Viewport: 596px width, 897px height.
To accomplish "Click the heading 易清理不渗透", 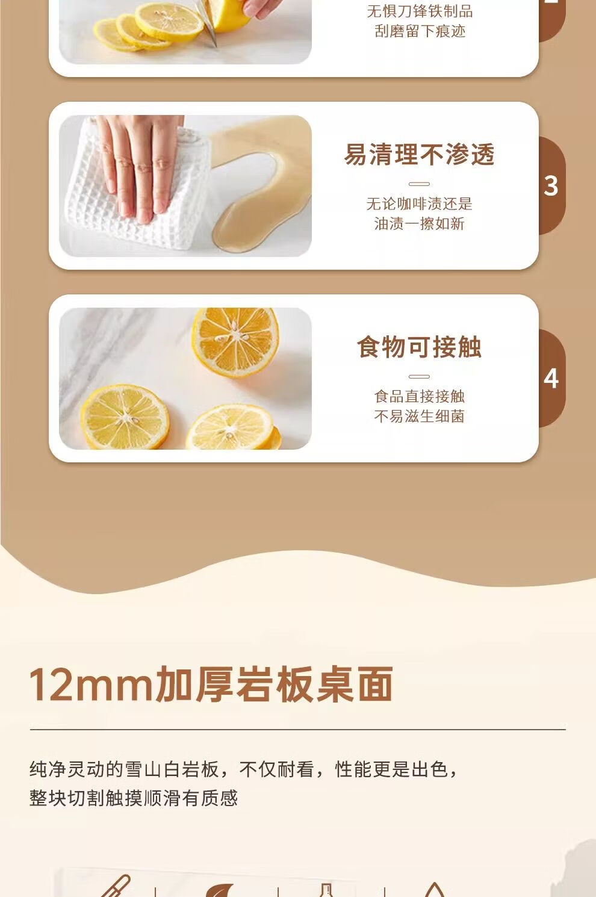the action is pyautogui.click(x=420, y=155).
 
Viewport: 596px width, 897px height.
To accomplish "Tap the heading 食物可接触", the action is pyautogui.click(x=420, y=347).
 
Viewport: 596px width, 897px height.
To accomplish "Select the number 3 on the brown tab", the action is pyautogui.click(x=551, y=186).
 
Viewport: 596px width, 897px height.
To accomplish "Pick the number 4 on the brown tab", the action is pyautogui.click(x=551, y=378).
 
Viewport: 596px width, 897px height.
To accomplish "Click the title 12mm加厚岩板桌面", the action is pyautogui.click(x=211, y=684).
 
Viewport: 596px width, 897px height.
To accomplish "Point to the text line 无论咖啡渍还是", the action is pyautogui.click(x=420, y=204).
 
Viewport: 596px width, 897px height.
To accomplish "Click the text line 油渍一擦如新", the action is pyautogui.click(x=420, y=224).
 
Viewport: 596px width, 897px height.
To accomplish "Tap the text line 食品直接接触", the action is pyautogui.click(x=420, y=397).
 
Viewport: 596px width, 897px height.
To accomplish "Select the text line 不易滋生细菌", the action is pyautogui.click(x=420, y=417).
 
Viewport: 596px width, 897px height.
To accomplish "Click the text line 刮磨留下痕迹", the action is pyautogui.click(x=420, y=31).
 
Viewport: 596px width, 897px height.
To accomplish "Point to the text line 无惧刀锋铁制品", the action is pyautogui.click(x=420, y=11).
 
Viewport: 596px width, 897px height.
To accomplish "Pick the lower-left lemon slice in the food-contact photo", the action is pyautogui.click(x=125, y=417).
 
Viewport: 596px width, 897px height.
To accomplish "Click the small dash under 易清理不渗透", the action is pyautogui.click(x=420, y=184).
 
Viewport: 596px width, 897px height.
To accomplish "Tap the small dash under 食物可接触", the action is pyautogui.click(x=420, y=376).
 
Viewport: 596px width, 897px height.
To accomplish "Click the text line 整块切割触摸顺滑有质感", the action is pyautogui.click(x=134, y=798).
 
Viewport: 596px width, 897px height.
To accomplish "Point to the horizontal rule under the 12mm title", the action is pyautogui.click(x=297, y=730).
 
